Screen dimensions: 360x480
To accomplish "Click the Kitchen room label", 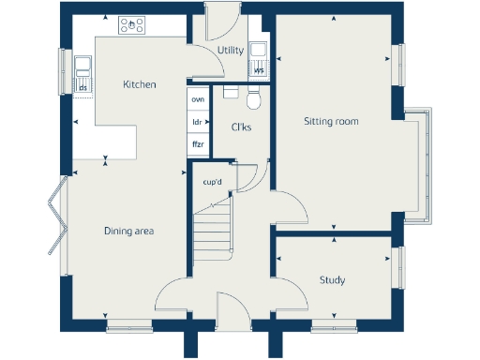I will tap(139, 84).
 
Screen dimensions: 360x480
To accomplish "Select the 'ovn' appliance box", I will tap(198, 98).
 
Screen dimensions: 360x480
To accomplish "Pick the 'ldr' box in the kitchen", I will tap(198, 122).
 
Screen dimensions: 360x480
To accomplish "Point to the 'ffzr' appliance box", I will tap(198, 144).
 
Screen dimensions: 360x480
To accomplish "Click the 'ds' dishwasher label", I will tap(83, 88).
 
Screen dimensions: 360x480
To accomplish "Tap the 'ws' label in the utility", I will tap(259, 69).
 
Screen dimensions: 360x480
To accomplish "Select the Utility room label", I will tap(230, 50).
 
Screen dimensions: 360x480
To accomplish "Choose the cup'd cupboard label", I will tap(213, 182).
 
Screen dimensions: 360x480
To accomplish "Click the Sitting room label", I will tap(331, 121).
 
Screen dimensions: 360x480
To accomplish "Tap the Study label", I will tap(332, 279).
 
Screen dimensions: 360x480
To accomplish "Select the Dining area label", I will tap(128, 231).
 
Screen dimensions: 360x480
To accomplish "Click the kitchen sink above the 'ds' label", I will tap(83, 67).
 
